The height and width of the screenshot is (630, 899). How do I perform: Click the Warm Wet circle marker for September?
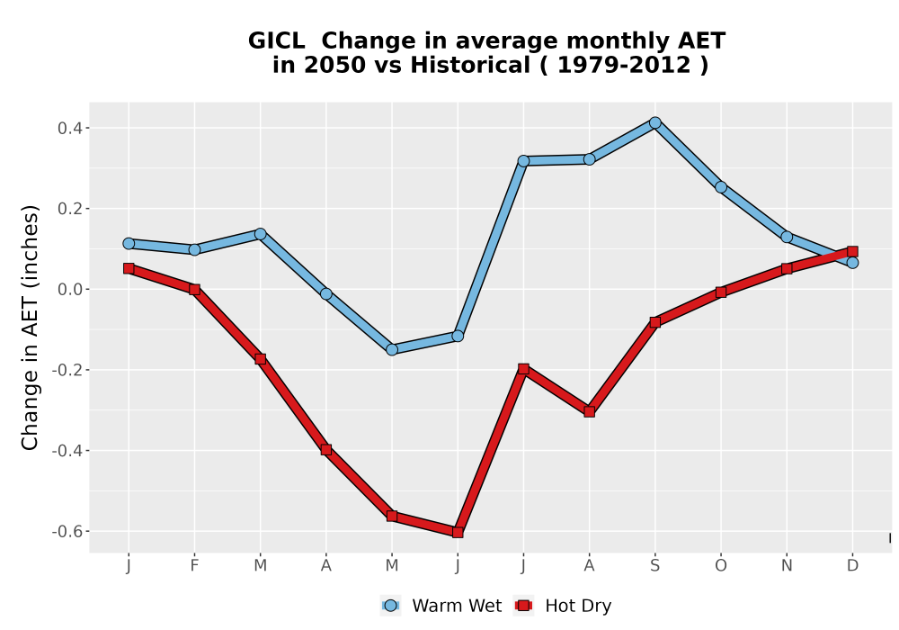click(x=654, y=122)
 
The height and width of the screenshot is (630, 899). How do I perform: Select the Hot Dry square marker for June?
click(x=458, y=533)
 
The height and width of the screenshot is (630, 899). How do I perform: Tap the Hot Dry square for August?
click(x=590, y=411)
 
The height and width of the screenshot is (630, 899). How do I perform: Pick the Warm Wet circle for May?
click(x=392, y=349)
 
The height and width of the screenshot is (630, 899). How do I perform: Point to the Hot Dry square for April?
click(x=326, y=450)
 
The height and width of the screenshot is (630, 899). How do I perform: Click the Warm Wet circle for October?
click(x=721, y=187)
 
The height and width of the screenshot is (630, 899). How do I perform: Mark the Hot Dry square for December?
click(x=852, y=251)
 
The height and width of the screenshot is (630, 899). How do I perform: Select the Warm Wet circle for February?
click(x=194, y=249)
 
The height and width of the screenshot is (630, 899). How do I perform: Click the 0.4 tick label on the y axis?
click(x=70, y=128)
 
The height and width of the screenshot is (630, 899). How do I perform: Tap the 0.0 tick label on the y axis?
click(x=70, y=289)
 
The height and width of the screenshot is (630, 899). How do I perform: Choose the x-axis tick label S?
click(x=654, y=566)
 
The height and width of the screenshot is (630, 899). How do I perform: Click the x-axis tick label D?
click(x=852, y=566)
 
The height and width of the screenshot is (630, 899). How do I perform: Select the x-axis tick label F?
click(x=194, y=566)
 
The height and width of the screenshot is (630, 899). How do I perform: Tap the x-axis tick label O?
click(x=721, y=566)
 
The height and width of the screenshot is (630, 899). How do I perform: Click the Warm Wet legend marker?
click(x=390, y=606)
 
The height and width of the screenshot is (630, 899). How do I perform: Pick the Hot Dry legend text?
click(x=578, y=606)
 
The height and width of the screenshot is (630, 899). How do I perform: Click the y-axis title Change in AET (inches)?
click(x=30, y=328)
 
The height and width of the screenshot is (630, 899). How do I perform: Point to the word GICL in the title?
click(x=276, y=41)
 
